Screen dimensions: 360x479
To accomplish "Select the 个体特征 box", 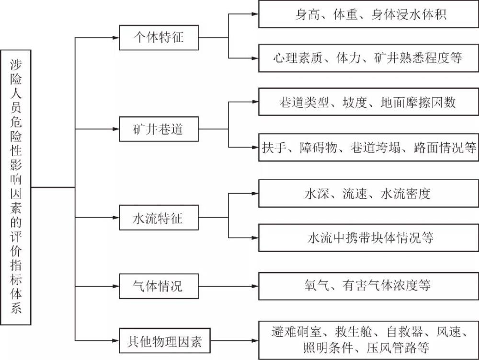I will point(158,37).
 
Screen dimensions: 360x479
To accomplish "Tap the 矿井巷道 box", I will point(158,129).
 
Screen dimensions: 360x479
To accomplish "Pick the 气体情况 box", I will point(158,286).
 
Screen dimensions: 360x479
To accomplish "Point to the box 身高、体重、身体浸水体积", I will point(368,14).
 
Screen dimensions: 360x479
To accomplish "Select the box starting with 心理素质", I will point(368,58).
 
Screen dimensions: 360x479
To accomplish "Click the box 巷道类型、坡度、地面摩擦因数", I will point(368,102).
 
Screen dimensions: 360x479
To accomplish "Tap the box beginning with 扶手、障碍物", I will point(368,147).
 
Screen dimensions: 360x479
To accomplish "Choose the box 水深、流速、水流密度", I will point(368,194).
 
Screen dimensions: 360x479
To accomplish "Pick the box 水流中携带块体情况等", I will point(368,238).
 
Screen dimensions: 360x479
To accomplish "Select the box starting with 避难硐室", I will point(368,339).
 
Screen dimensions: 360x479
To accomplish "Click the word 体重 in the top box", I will point(344,14).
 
